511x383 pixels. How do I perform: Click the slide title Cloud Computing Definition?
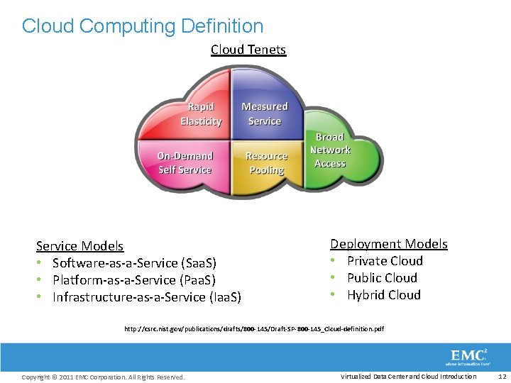(x=143, y=26)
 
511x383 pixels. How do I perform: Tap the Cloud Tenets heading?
(x=248, y=50)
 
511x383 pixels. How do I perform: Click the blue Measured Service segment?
(x=265, y=113)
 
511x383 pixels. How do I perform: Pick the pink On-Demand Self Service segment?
(x=185, y=163)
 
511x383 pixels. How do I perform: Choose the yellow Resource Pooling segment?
(x=266, y=163)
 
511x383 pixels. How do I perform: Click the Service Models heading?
(x=79, y=246)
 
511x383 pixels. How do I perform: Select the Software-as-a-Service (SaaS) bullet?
(x=134, y=263)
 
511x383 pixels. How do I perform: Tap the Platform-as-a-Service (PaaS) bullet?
(x=133, y=280)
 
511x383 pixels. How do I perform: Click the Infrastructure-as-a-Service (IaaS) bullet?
(x=146, y=297)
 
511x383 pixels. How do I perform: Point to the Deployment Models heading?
(x=389, y=244)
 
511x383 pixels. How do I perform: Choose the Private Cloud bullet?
(x=385, y=261)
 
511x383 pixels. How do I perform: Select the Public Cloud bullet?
(x=382, y=278)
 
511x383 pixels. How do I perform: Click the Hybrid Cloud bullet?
(x=384, y=295)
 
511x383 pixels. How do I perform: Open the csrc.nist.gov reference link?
(x=254, y=329)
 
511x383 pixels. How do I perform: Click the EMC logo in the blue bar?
(x=468, y=356)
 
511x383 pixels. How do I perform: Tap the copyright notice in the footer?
(x=103, y=377)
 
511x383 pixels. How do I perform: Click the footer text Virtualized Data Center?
(x=408, y=377)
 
